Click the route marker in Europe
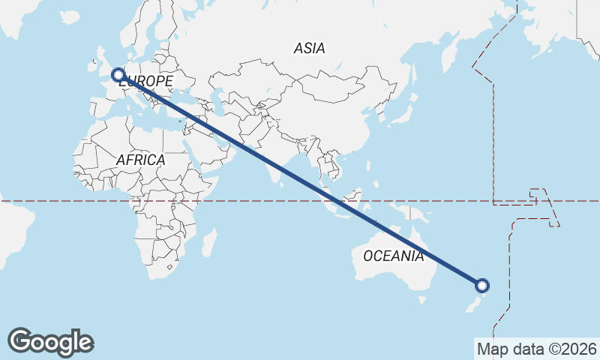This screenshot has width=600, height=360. point(118,74)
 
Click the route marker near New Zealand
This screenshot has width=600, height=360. point(482,285)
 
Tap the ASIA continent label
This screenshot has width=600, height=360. point(310,49)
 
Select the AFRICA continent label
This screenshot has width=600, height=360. point(140,160)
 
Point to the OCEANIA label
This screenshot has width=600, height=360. point(393,256)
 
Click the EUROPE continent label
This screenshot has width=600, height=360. point(147,81)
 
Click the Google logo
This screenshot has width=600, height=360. point(50,342)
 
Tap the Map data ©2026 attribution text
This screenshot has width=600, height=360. point(536,349)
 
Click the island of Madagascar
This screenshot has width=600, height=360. point(210,242)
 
